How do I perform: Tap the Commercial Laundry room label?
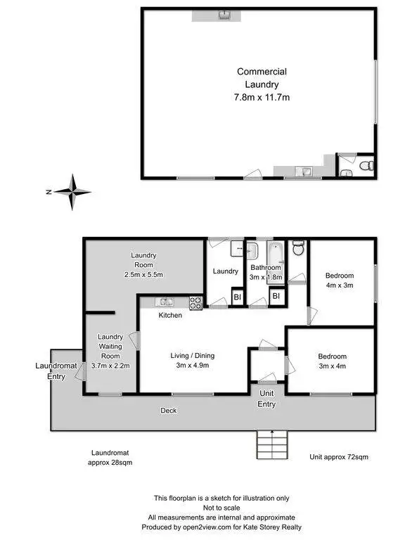click(262, 84)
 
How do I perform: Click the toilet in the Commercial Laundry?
click(364, 166)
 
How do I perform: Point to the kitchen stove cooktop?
click(196, 303)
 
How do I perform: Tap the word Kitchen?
click(170, 316)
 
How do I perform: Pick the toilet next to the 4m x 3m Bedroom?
click(297, 249)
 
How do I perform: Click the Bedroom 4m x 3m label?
click(339, 280)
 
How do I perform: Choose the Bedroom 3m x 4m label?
click(332, 361)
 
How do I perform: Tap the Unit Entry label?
click(267, 399)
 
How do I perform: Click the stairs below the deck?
click(271, 444)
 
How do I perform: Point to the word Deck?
click(168, 411)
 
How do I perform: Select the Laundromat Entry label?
click(51, 371)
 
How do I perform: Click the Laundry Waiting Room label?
click(110, 350)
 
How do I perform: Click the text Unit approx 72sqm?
click(339, 457)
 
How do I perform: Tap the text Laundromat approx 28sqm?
click(110, 458)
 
